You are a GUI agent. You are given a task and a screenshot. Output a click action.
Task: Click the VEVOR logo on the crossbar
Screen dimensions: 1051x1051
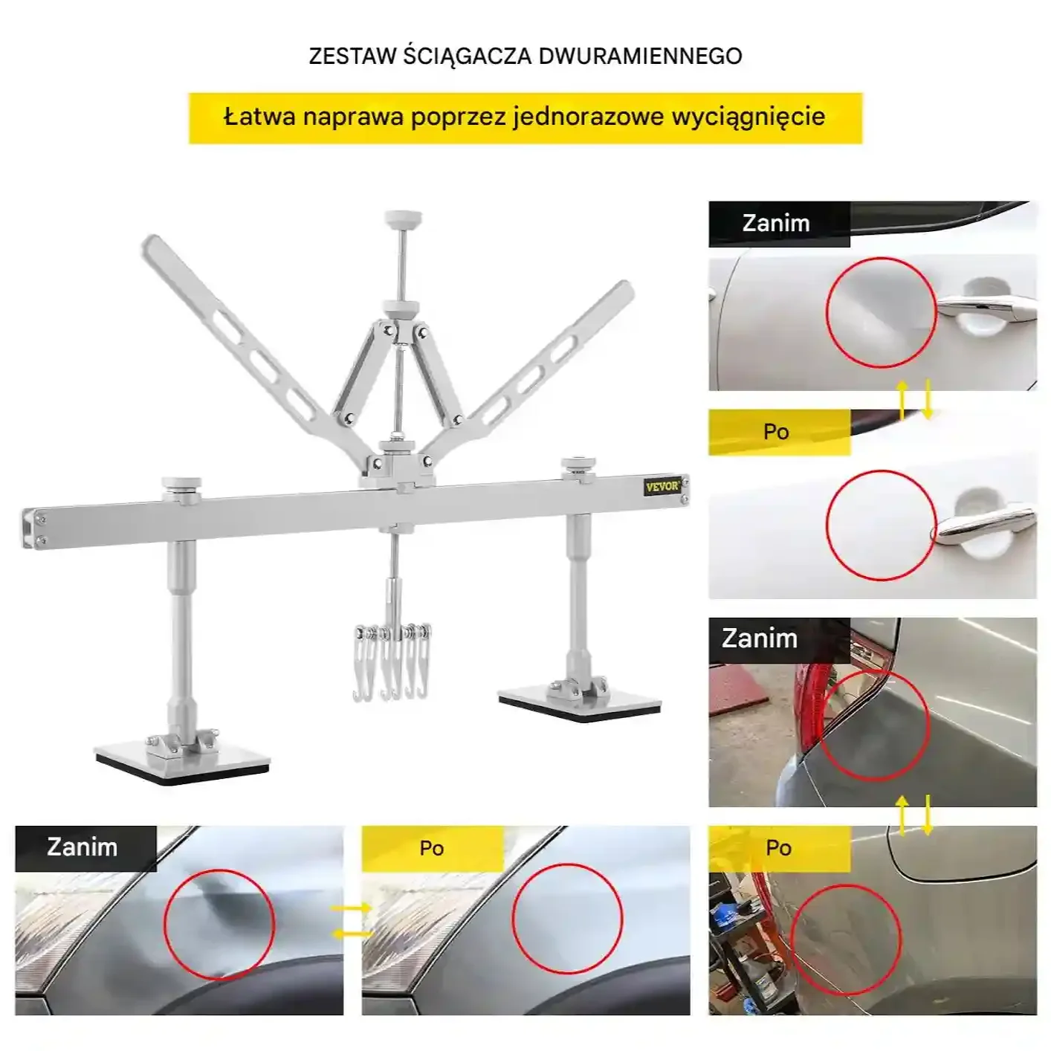tap(662, 487)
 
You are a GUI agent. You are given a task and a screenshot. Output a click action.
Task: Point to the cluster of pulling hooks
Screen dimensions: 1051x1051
tap(392, 661)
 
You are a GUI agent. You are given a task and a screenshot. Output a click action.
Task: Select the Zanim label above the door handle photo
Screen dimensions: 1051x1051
tap(776, 223)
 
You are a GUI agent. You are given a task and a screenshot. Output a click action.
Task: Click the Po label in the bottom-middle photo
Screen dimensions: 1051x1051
tap(431, 848)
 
